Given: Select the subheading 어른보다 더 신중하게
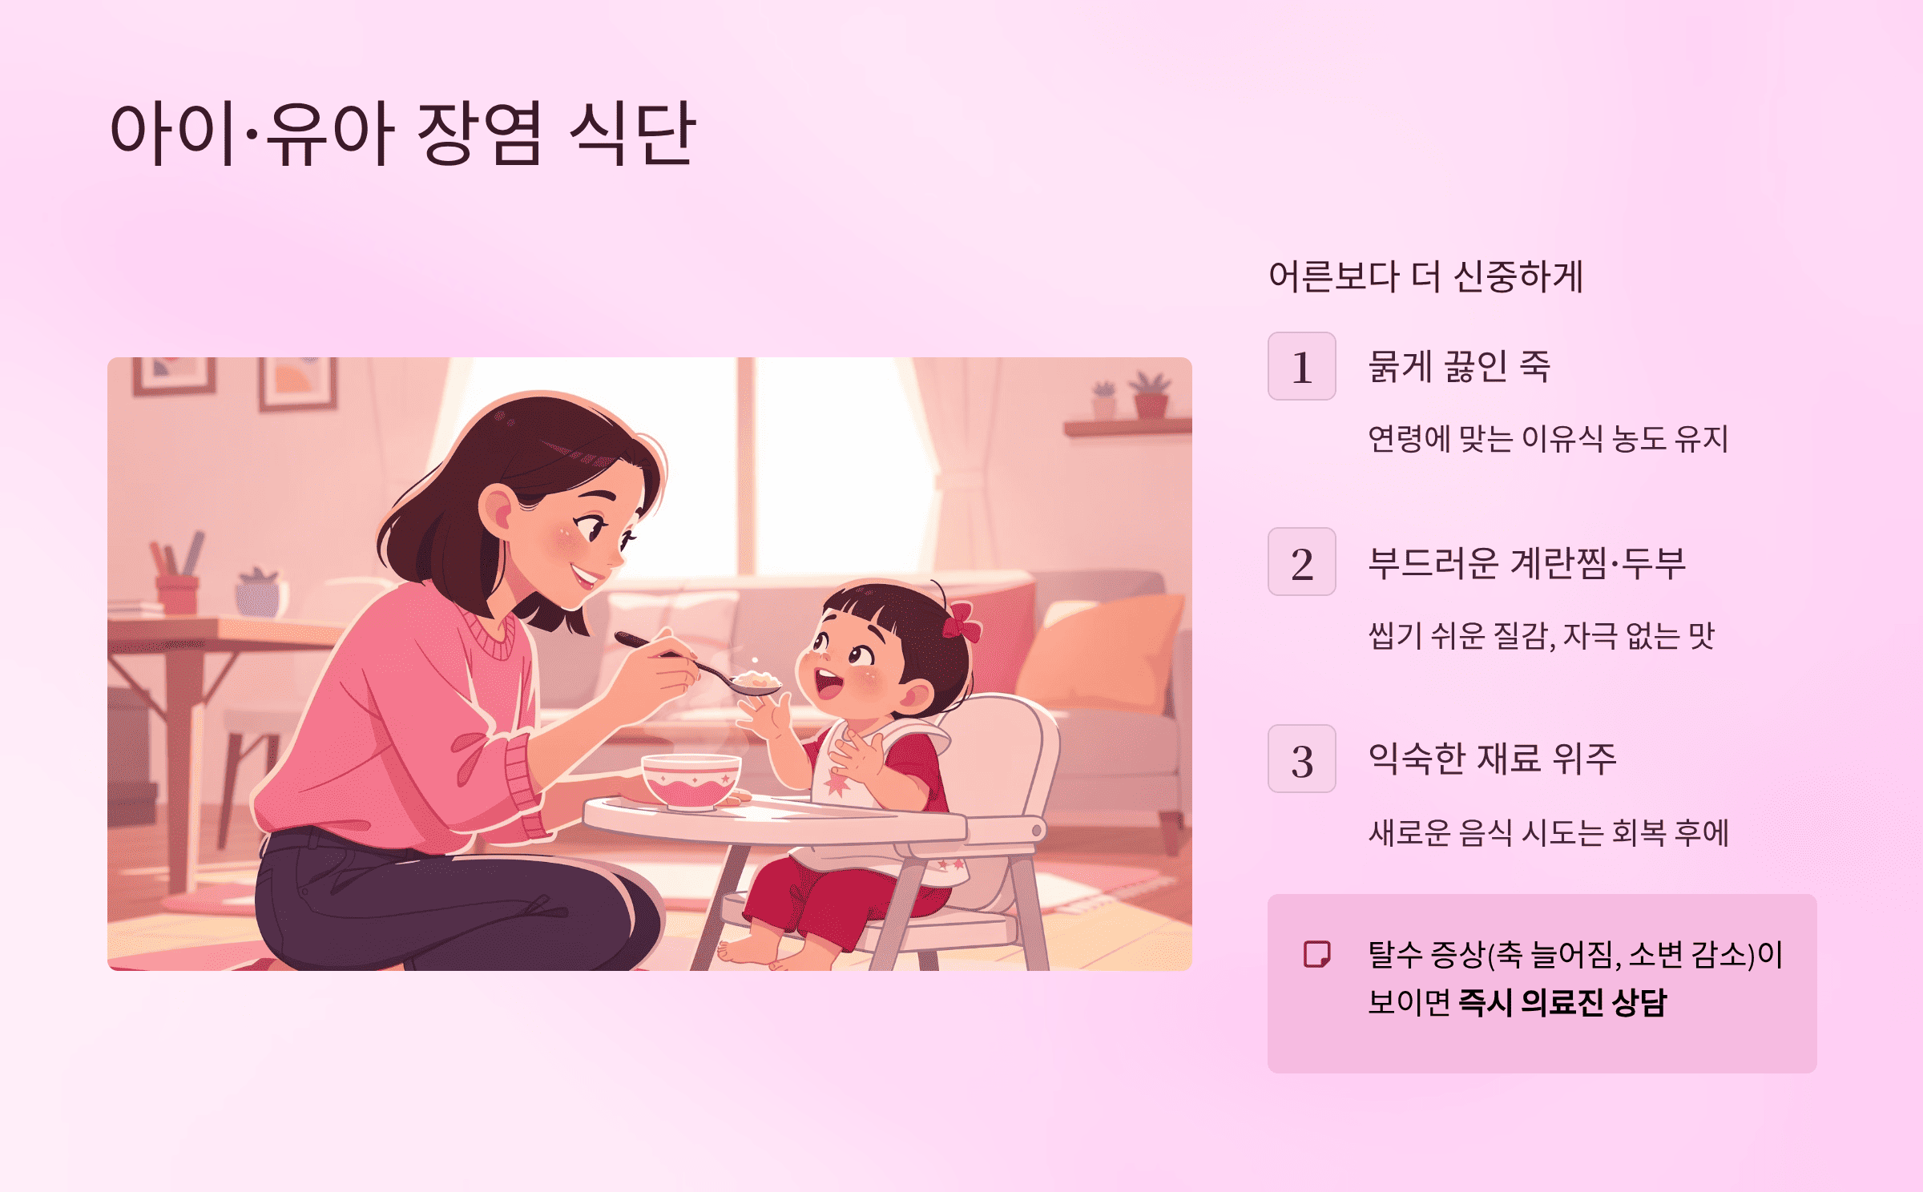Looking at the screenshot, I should point(1425,277).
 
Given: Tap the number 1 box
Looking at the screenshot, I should point(1301,366).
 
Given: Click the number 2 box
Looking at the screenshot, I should point(1301,562).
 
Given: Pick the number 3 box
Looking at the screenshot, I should point(1301,759).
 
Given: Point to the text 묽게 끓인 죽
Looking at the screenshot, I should point(1459,367).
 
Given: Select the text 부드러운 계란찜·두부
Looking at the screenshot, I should point(1526,562).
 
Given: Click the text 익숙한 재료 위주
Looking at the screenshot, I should point(1492,759).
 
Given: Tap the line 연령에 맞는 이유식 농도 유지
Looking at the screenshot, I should point(1547,439).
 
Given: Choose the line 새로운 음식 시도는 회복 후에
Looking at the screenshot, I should point(1547,833).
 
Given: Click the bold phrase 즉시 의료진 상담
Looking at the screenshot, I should point(1562,1003).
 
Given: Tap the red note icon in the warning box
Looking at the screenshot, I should point(1316,954).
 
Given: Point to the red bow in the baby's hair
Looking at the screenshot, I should point(961,622).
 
